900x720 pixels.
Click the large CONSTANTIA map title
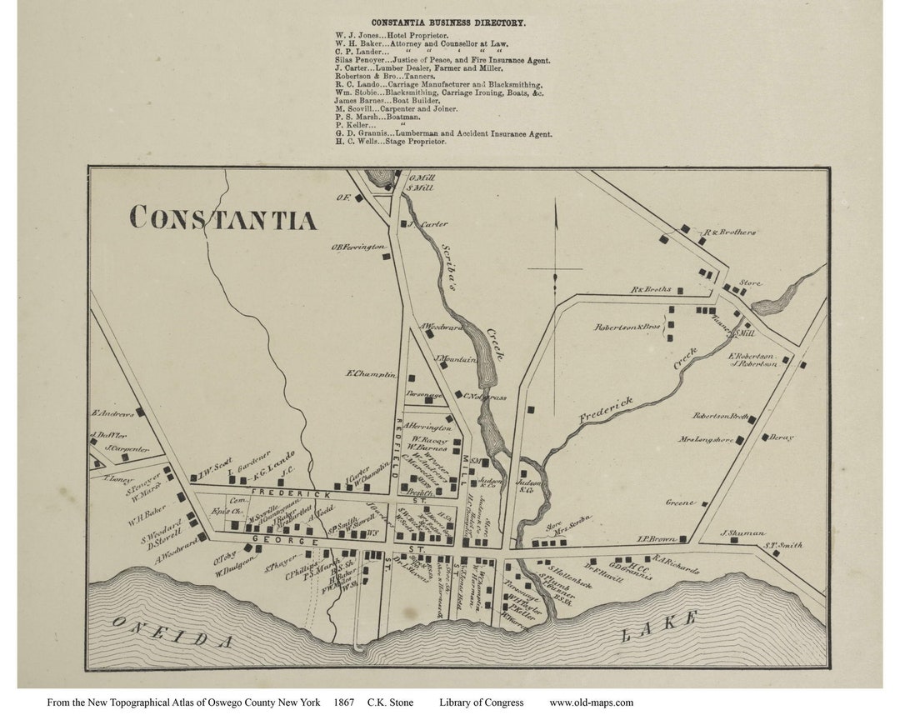[x=223, y=218]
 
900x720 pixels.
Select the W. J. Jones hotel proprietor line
[x=392, y=35]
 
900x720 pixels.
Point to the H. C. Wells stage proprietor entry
[x=391, y=142]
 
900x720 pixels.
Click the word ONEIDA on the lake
[x=172, y=632]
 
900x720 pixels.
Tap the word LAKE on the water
[x=658, y=627]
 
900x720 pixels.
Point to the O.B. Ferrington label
[x=359, y=247]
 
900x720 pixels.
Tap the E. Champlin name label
[x=371, y=374]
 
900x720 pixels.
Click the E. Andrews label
[x=112, y=413]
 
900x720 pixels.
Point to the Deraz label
[x=782, y=437]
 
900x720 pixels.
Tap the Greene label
[x=681, y=502]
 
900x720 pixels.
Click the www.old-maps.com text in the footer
[x=591, y=702]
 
